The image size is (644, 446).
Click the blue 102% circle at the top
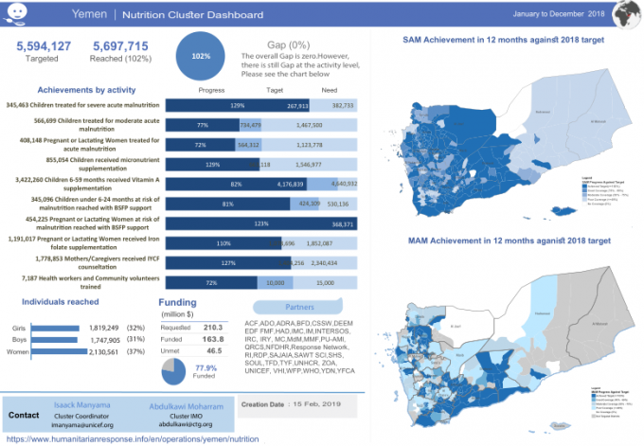pyautogui.click(x=201, y=56)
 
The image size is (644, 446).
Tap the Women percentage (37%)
pyautogui.click(x=134, y=350)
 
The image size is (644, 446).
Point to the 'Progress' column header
pyautogui.click(x=213, y=90)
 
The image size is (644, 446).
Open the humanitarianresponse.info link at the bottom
pyautogui.click(x=132, y=440)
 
